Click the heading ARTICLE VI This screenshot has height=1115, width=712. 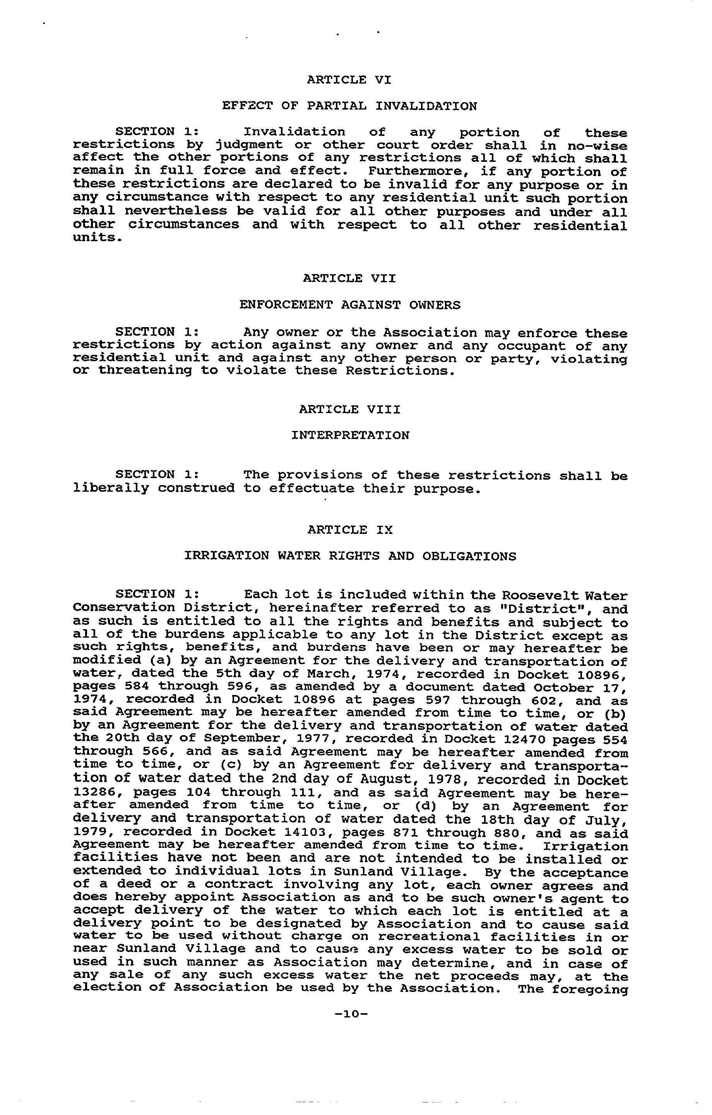349,80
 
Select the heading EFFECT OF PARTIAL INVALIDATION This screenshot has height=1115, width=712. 349,106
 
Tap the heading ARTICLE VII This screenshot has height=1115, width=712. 349,278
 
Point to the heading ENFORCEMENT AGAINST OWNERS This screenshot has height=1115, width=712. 350,305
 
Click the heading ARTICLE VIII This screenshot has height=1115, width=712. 349,409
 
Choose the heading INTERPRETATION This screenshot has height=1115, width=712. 350,436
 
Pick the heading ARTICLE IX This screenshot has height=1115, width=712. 350,530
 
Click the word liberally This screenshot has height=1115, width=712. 111,489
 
